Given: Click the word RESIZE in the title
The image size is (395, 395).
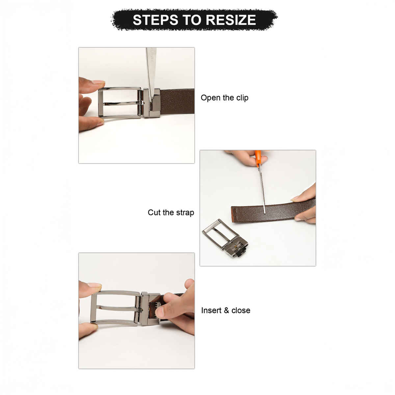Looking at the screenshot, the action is click(x=231, y=20).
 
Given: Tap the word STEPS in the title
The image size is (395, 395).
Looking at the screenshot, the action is click(x=155, y=20).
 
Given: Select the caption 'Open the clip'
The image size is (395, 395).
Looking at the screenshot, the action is click(x=224, y=98).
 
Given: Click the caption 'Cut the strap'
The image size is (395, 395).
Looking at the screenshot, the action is click(x=171, y=212).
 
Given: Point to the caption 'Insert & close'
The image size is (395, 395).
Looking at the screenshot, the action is click(x=226, y=310).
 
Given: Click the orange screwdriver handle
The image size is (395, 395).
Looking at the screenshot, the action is click(x=258, y=158).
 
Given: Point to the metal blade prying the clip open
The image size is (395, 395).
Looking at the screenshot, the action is click(x=151, y=74).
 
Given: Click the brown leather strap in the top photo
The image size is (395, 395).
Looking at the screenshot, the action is click(x=177, y=102).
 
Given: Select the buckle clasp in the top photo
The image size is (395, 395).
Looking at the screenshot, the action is click(x=152, y=103).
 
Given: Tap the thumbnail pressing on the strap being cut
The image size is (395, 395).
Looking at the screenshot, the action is click(x=295, y=198).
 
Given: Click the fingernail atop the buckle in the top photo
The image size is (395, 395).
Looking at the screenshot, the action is click(x=99, y=82).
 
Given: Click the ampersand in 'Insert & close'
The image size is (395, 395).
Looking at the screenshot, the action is click(x=226, y=310).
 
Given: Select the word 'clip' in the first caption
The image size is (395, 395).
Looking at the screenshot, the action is click(x=242, y=98).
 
